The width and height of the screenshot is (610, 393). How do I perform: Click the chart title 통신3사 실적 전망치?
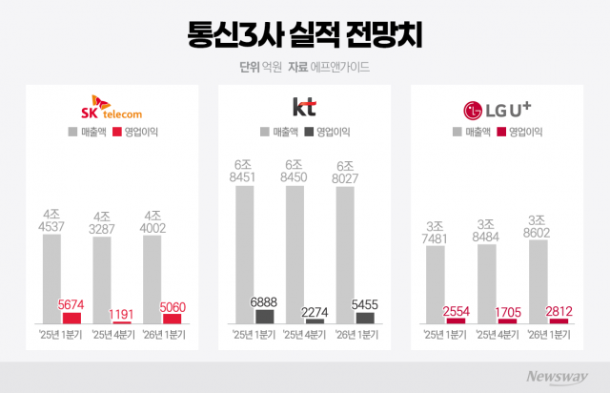[x=305, y=35]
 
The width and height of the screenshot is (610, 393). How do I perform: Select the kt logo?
[x=304, y=106]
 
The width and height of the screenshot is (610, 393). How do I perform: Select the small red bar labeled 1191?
[x=122, y=323]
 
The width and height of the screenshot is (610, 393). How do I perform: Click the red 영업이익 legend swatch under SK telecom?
[x=118, y=132]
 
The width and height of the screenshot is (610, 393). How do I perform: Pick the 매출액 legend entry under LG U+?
[x=474, y=132]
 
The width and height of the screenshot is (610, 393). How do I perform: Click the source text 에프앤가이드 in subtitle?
[x=343, y=68]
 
